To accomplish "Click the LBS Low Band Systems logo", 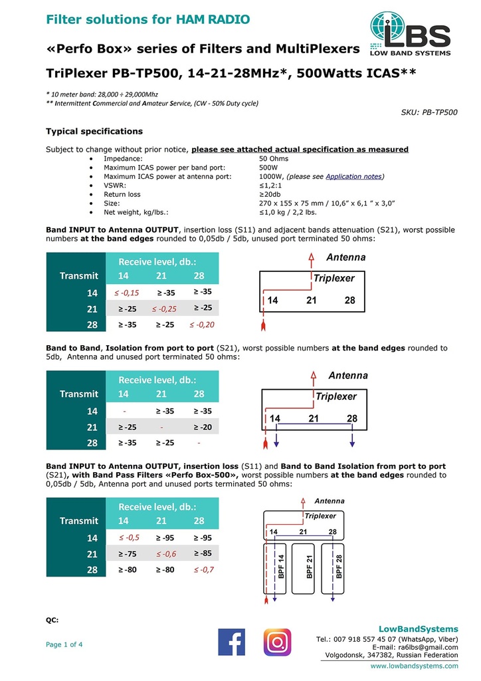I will pos(410,34).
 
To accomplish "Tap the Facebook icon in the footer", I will pos(231,642).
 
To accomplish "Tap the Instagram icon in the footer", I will pos(277,642).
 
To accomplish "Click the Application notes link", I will pos(354,176).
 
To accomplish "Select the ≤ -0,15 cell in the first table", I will pos(124,293).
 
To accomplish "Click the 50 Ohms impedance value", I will pos(274,159).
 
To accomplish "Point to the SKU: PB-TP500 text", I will pos(429,112).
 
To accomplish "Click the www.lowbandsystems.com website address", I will pos(414,666).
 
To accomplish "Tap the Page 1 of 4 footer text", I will pos(64,644).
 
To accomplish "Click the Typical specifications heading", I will pos(94,131).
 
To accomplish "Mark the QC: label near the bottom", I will pos(52,619).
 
